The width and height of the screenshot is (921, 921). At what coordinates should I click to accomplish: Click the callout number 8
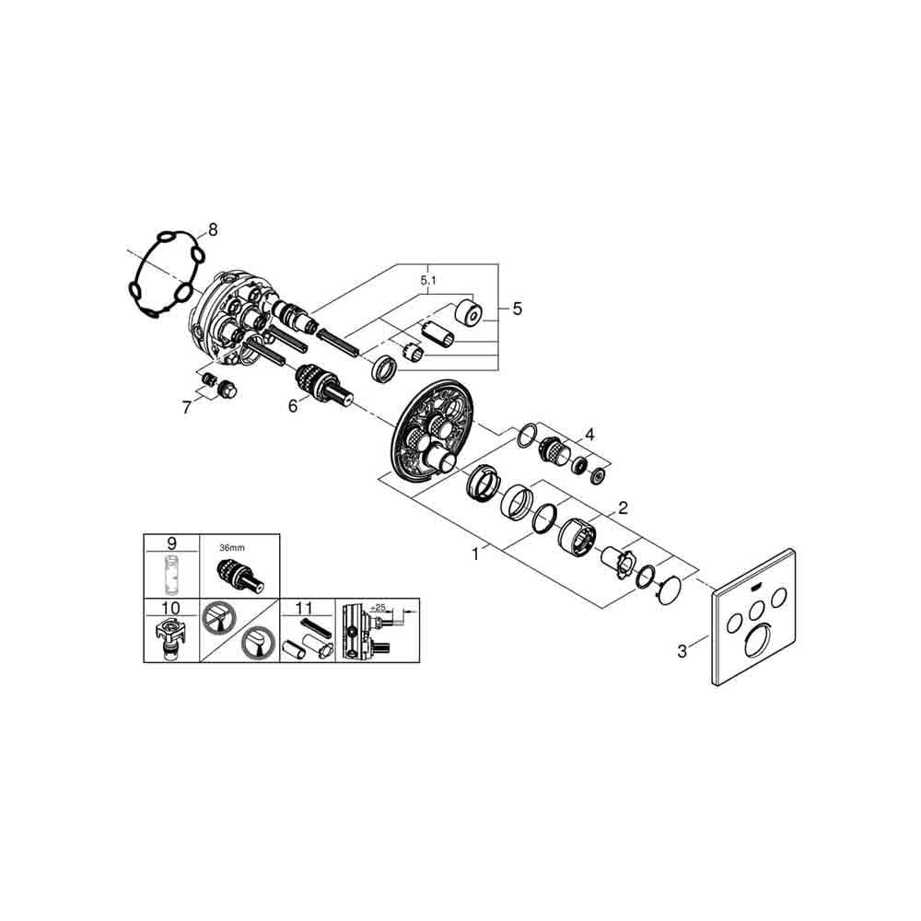pos(213,229)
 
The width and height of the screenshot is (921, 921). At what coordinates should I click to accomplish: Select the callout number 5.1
pos(428,281)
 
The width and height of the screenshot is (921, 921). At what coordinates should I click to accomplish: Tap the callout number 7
pos(187,407)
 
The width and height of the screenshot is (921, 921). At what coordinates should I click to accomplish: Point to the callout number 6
pos(293,406)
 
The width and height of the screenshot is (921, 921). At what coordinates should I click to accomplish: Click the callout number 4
pos(589,435)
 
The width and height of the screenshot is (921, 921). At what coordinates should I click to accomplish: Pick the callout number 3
pos(682,651)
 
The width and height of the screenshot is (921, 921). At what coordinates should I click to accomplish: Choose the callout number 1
pos(475,554)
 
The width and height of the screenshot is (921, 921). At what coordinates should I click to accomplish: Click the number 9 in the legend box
pos(171,542)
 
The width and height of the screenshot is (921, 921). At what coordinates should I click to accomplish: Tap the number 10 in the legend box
pos(171,608)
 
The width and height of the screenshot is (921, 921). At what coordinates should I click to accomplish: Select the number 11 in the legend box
pos(304,608)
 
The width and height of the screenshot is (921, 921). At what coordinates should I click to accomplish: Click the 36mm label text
pos(232,548)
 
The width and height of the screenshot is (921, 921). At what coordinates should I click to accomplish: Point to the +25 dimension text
pos(379,607)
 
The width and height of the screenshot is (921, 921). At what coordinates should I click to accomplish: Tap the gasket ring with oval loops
pos(166,274)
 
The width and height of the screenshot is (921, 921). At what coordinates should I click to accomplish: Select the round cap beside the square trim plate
pos(670,590)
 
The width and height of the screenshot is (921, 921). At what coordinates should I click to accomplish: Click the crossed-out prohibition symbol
pos(218,618)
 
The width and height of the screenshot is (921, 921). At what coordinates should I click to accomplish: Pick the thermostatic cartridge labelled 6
pos(324,386)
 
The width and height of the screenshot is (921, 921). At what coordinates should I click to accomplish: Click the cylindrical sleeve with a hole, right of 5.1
pos(470,312)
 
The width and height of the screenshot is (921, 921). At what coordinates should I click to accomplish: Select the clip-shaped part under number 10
pos(171,638)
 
